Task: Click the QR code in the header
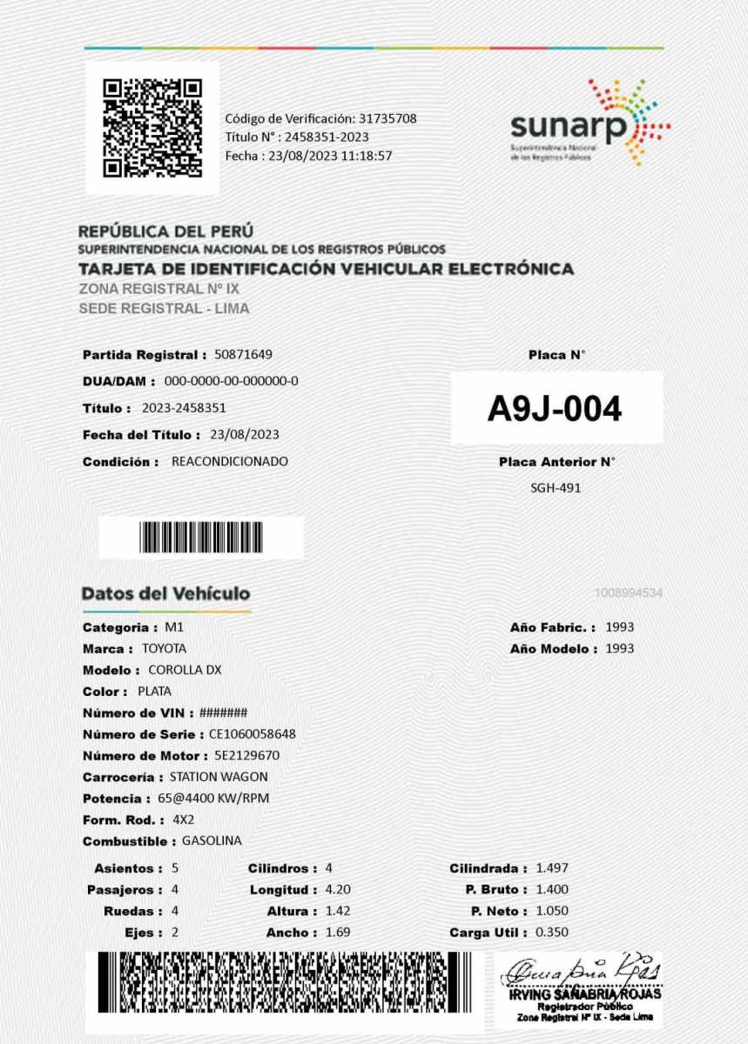[x=152, y=128]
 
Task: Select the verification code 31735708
[x=387, y=118]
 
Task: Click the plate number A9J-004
[x=555, y=409]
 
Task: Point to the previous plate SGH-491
[x=556, y=488]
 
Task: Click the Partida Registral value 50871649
[x=244, y=355]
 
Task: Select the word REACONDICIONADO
[x=230, y=461]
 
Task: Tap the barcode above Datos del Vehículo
[x=201, y=538]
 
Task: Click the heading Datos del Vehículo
[x=165, y=593]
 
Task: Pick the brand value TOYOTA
[x=164, y=648]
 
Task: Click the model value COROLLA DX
[x=185, y=670]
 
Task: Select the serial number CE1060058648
[x=253, y=734]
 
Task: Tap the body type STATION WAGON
[x=219, y=777]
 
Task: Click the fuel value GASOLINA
[x=212, y=841]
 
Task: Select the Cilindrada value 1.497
[x=552, y=868]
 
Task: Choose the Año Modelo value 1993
[x=620, y=648]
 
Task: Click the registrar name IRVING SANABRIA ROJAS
[x=585, y=994]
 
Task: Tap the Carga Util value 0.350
[x=552, y=933]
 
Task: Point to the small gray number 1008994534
[x=629, y=593]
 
